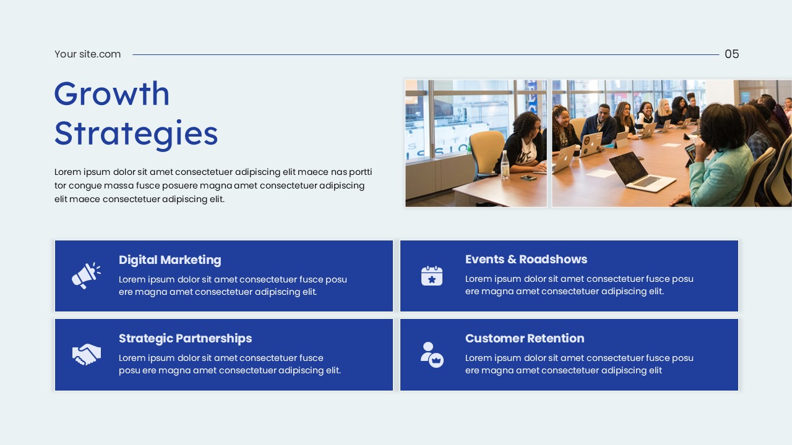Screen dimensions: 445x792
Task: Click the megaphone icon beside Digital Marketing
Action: (86, 276)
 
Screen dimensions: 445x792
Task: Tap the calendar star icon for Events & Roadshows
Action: (432, 276)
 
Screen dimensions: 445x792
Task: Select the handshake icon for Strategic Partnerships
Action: (86, 354)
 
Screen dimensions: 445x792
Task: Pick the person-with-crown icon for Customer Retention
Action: (432, 354)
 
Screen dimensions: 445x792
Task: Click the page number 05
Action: (731, 54)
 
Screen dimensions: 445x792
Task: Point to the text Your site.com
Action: (87, 54)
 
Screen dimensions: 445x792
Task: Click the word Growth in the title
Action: (112, 93)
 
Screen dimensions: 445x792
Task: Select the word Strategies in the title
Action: (136, 133)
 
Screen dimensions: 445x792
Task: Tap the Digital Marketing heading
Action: (170, 260)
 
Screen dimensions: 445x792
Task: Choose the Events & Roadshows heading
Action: (526, 260)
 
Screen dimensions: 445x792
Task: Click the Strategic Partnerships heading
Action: (185, 339)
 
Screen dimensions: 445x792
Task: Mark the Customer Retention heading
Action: (525, 339)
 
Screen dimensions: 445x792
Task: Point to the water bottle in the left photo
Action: (505, 165)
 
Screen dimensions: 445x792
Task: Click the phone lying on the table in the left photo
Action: (528, 177)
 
